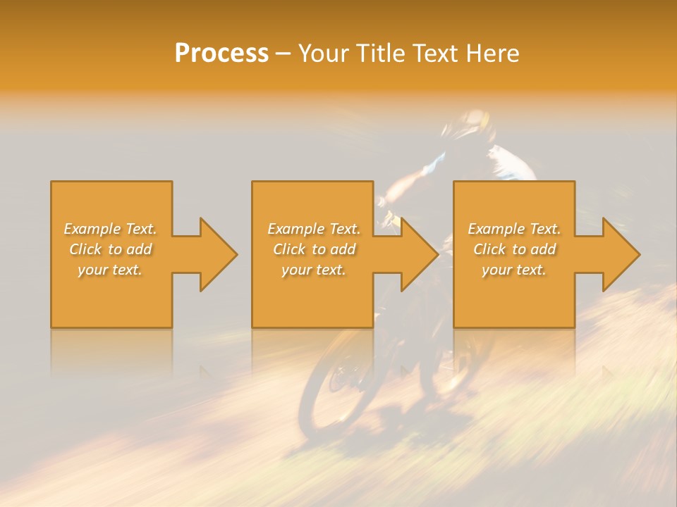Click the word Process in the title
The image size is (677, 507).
(221, 54)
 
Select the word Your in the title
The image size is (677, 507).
(322, 54)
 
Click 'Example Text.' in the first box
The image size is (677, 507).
(110, 229)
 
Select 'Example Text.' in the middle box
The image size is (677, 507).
(313, 229)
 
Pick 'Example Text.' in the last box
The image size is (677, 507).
(514, 229)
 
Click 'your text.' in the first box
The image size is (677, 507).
(110, 270)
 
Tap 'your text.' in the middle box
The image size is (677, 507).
(313, 270)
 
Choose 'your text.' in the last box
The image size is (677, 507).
(514, 270)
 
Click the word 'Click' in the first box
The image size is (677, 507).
(85, 249)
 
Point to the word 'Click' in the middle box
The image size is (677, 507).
(289, 249)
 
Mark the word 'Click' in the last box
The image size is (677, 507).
(490, 249)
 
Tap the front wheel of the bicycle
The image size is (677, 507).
(338, 387)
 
